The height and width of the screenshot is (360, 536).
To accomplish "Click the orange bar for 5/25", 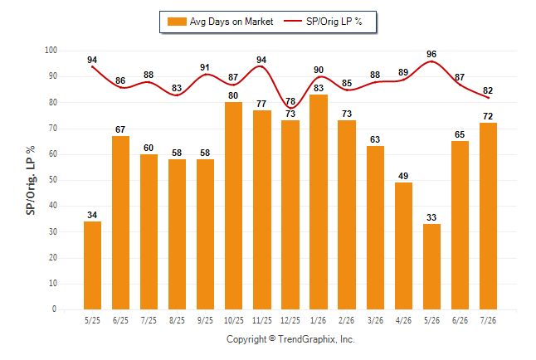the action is [x=92, y=265].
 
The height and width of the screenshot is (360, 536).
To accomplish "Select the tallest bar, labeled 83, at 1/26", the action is [x=319, y=202].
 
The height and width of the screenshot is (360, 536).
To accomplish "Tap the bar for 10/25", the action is [x=233, y=206].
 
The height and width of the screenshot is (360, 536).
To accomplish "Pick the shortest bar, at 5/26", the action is [x=431, y=266].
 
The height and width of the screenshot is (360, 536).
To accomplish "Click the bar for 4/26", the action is [x=403, y=246].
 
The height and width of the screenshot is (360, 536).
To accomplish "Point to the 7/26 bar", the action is [x=488, y=216].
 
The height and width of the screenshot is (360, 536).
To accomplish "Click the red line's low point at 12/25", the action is [x=290, y=108].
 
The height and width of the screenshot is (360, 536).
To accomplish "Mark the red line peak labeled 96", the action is [x=431, y=61].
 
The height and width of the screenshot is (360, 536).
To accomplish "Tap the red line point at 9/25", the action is [x=205, y=74].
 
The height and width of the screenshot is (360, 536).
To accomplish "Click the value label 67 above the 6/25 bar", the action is [x=120, y=129].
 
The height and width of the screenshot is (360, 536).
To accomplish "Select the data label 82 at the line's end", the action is [x=488, y=90].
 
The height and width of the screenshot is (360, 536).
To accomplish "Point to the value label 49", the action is [x=403, y=176].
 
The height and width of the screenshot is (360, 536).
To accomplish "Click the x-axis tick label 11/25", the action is [x=262, y=320].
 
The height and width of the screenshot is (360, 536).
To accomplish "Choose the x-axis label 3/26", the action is [x=375, y=320].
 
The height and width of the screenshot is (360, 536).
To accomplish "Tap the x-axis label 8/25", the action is [x=177, y=320].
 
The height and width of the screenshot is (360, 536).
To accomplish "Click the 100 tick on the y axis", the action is [x=51, y=51].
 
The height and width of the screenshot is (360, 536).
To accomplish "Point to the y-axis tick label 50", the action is [x=53, y=180].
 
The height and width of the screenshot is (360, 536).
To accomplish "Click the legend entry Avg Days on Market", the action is [x=221, y=22].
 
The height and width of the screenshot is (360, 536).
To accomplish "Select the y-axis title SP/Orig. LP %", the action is [x=31, y=180].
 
